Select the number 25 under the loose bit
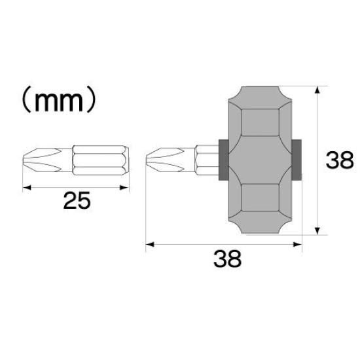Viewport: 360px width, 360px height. click(77, 201)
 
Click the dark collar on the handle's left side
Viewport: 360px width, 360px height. click(221, 160)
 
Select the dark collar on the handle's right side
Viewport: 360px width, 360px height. click(298, 160)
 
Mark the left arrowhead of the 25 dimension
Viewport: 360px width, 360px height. click(26, 187)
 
